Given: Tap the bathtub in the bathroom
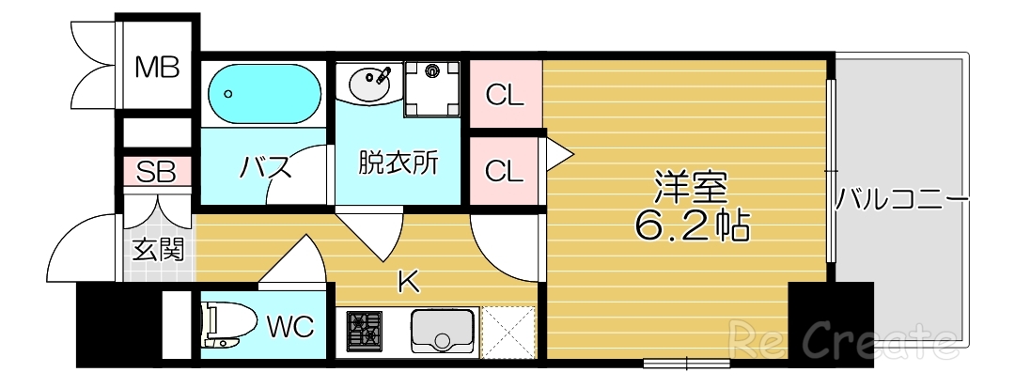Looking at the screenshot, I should (x=263, y=94).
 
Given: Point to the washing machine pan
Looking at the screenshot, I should (x=433, y=87).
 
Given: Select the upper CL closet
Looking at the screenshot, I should (x=505, y=94).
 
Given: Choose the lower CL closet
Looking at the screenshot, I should (x=505, y=171).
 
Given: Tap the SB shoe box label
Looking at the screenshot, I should (x=157, y=172).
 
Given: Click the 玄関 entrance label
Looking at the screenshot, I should (x=158, y=250).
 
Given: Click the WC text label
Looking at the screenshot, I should (x=291, y=327).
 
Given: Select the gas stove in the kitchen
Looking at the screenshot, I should (x=365, y=332).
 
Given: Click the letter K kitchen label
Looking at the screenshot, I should (x=407, y=281).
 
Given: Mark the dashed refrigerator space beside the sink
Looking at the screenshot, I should (x=507, y=331).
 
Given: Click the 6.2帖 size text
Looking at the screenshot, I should (x=691, y=226).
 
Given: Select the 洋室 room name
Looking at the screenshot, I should (x=691, y=185).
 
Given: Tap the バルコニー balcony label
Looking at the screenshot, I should (x=902, y=200).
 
